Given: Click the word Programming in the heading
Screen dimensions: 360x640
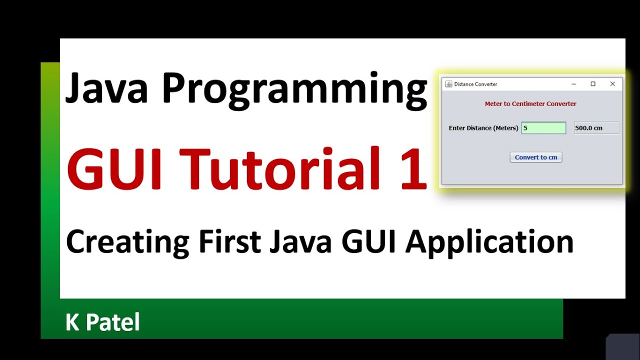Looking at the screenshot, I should tap(294, 90).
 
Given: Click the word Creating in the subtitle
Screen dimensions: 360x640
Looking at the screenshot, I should tap(127, 242).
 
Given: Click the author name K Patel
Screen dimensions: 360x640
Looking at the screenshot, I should tap(102, 322).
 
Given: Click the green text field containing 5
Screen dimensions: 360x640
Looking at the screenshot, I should tap(543, 128).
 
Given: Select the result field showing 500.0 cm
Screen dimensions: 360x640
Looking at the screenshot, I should tap(596, 128).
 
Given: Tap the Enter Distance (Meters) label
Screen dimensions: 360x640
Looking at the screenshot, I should tap(483, 128).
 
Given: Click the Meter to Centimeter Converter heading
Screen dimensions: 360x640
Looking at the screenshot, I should tap(530, 104).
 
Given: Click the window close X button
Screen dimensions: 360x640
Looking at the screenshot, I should tap(612, 84).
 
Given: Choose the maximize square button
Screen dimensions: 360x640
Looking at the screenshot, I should tap(593, 84).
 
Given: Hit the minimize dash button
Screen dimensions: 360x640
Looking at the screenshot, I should tap(574, 84).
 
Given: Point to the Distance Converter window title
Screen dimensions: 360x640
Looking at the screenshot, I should tap(475, 84).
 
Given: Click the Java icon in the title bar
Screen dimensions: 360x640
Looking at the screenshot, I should tap(448, 84).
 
